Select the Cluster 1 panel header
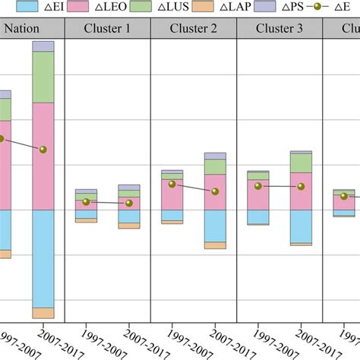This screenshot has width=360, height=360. [107, 30]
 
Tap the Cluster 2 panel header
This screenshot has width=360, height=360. [194, 30]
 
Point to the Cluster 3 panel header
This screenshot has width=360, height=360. [279, 30]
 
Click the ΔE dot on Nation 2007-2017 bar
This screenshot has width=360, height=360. [43, 149]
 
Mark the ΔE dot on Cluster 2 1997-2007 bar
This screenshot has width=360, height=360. [172, 184]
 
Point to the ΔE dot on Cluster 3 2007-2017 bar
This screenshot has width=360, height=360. [301, 186]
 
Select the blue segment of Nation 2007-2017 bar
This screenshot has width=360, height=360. [43, 258]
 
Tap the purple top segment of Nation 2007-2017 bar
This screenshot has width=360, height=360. [43, 46]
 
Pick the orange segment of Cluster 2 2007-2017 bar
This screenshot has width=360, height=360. [215, 245]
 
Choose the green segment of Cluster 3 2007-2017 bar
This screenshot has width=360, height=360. [301, 163]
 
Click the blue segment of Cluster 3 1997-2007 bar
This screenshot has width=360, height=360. [258, 217]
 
